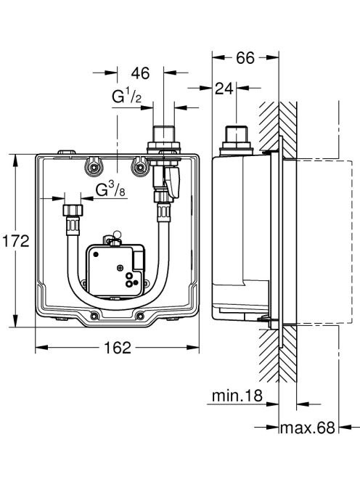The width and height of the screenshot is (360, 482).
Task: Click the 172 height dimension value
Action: (x=16, y=241)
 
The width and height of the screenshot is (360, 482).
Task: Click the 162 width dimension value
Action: (x=118, y=348)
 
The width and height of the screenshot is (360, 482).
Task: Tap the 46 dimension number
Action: (x=141, y=73)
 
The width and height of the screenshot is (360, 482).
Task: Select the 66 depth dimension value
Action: (x=245, y=58)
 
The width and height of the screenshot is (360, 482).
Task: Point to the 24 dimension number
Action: (x=224, y=89)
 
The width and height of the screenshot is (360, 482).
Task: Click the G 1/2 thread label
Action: (x=127, y=97)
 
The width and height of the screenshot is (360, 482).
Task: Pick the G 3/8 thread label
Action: (x=110, y=189)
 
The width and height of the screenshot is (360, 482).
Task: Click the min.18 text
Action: (x=237, y=396)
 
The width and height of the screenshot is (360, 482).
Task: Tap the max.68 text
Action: (x=308, y=428)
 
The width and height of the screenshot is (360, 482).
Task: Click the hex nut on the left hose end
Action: (x=73, y=211)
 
